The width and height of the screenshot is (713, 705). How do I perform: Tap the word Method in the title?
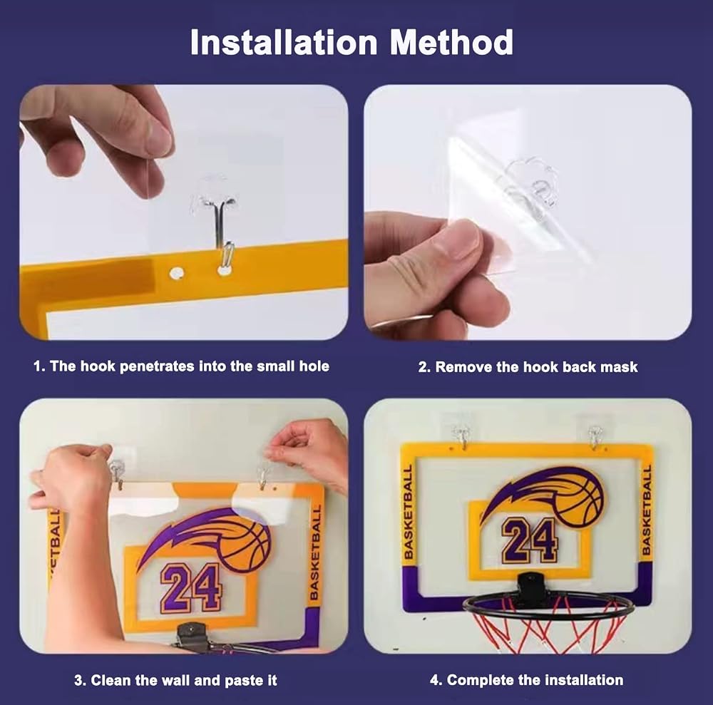tap(451, 42)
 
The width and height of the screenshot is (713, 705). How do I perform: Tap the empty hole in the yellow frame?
tap(176, 274)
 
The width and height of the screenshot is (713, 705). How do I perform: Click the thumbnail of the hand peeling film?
tap(528, 212)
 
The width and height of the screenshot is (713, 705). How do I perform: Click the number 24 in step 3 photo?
tap(191, 587)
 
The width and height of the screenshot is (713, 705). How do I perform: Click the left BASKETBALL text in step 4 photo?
tap(409, 511)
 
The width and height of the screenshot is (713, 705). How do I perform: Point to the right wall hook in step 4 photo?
tap(595, 436)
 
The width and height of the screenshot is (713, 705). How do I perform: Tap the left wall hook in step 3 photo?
tap(117, 473)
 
